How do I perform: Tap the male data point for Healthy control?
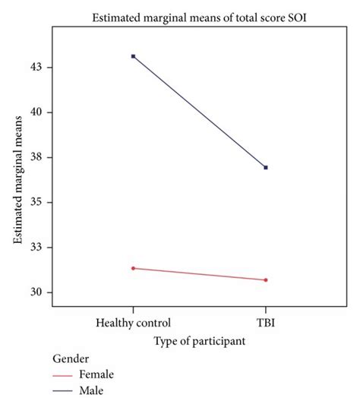click(134, 56)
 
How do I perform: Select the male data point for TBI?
click(266, 167)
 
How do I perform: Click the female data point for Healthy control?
click(134, 268)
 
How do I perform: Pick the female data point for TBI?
click(266, 280)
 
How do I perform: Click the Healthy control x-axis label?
click(134, 322)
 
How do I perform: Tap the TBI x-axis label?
click(266, 322)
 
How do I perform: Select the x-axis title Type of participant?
click(199, 342)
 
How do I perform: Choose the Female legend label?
click(105, 374)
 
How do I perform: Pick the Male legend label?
click(100, 390)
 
